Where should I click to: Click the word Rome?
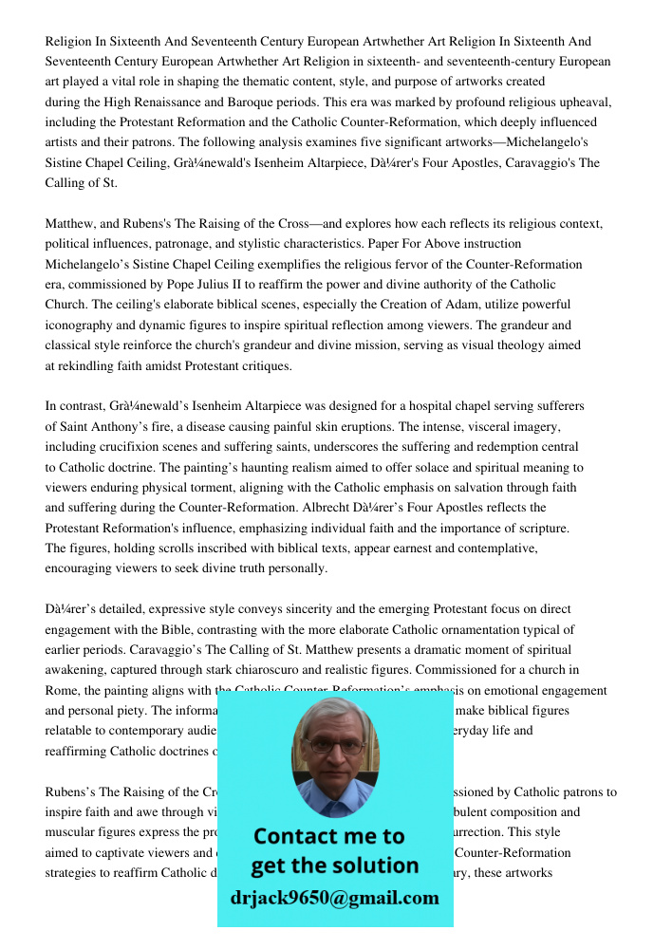[x=62, y=691]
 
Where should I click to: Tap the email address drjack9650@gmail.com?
[x=335, y=898]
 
